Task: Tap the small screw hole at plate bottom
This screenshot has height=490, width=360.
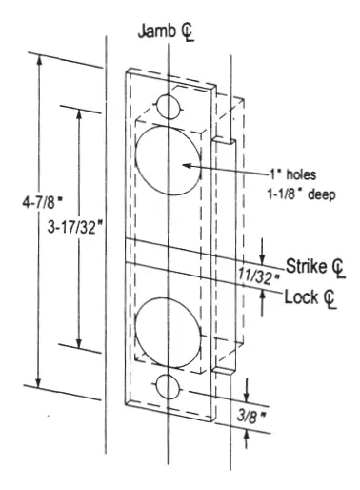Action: [169, 388]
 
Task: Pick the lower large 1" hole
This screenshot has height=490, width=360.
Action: [168, 330]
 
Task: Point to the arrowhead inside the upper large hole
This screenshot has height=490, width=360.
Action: [186, 165]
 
